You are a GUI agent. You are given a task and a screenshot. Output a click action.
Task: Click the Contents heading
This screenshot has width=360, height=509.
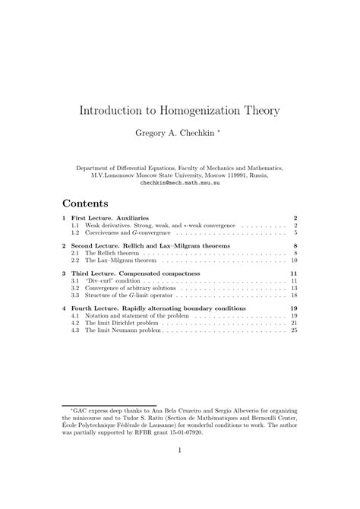(x=85, y=204)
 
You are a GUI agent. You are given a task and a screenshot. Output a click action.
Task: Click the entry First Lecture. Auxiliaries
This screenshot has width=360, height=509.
(x=111, y=218)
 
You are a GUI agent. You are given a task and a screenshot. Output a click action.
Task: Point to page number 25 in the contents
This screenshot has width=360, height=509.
(x=293, y=330)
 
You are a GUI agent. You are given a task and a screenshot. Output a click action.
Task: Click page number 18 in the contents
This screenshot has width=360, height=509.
(x=293, y=296)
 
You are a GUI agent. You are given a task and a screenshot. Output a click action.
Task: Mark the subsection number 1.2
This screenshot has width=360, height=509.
(x=75, y=232)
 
